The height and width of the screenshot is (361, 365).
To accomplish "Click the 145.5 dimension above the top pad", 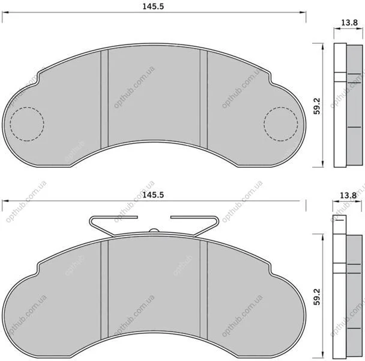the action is (153, 6).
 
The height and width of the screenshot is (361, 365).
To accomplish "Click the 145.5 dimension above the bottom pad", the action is (153, 194).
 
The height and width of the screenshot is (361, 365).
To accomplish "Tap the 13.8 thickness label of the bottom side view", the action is (348, 195).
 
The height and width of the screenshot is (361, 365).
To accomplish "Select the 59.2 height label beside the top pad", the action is (317, 106).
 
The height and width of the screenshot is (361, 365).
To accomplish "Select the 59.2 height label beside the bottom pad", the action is (317, 297).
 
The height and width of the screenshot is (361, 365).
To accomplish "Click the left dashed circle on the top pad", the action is (27, 107).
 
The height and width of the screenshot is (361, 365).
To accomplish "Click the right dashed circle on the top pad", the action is (281, 107).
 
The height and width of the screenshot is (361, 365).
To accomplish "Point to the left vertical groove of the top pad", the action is (104, 100).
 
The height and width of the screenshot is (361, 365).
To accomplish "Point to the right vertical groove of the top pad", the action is (204, 100).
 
